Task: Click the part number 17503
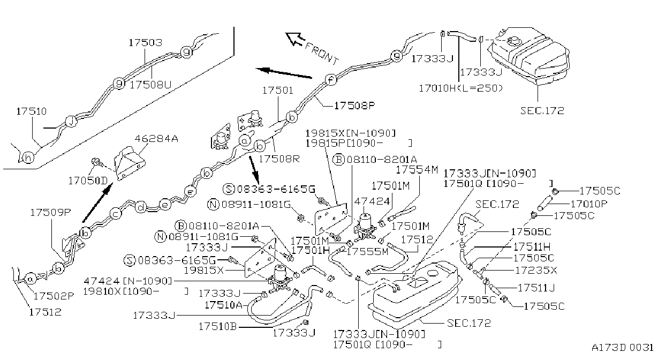[x=146, y=43]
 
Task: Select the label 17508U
[x=150, y=85]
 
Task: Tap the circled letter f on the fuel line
[x=331, y=80]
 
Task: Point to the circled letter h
[x=28, y=158]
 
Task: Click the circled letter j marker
[x=71, y=121]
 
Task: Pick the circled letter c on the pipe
[x=116, y=214]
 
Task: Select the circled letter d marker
[x=141, y=207]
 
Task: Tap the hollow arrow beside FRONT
[x=295, y=39]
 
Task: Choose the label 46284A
[x=156, y=138]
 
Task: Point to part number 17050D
[x=88, y=181]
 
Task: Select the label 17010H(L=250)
[x=460, y=88]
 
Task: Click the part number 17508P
[x=355, y=106]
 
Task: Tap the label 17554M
[x=417, y=170]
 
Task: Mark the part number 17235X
[x=536, y=270]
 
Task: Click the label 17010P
[x=589, y=204]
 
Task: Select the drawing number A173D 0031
[x=623, y=348]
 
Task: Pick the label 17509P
[x=51, y=212]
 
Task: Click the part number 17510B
[x=218, y=326]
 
